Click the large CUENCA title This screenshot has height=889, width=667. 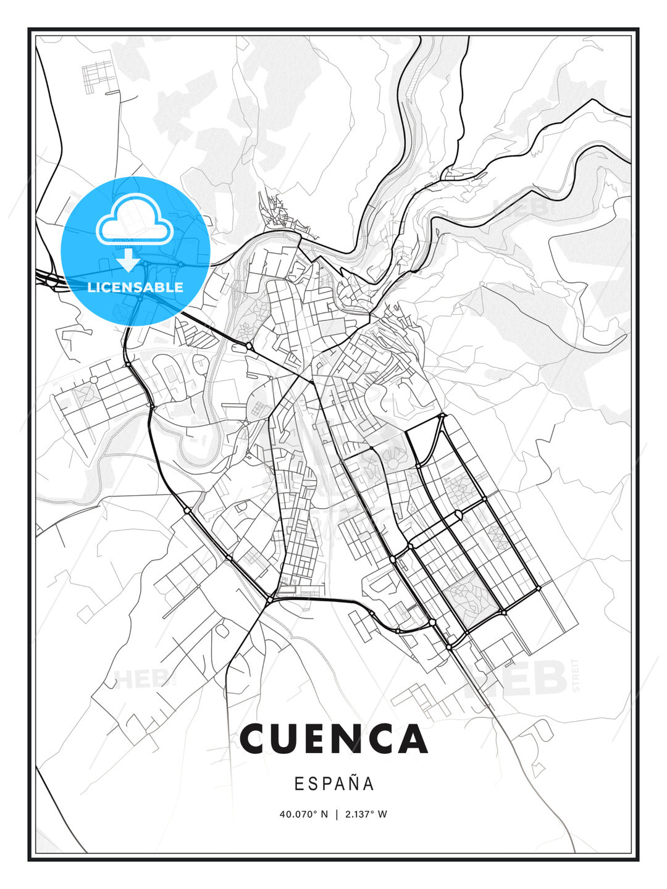[x=333, y=739]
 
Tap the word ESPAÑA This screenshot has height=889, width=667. [x=333, y=783]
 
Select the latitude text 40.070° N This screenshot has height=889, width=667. [x=304, y=814]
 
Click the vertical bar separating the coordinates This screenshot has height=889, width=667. [x=337, y=814]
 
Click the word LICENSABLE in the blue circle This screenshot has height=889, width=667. [x=135, y=287]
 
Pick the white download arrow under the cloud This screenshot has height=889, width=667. [x=128, y=259]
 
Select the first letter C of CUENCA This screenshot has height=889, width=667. [x=256, y=739]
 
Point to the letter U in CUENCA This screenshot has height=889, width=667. [x=291, y=739]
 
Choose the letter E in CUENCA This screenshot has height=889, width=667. [x=322, y=739]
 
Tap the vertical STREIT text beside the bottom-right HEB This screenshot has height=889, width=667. [x=576, y=676]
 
